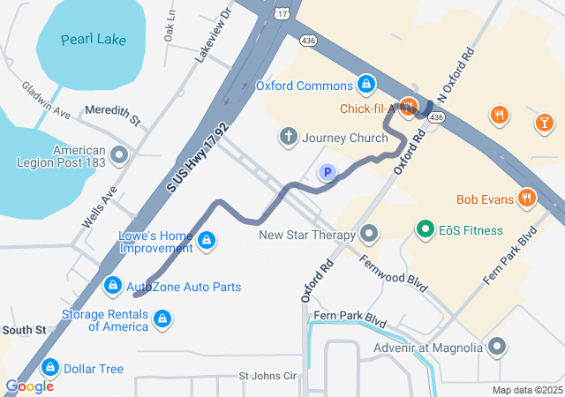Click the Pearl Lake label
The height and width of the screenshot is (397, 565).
point(94,40)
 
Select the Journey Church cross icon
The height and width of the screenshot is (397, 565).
point(287,137)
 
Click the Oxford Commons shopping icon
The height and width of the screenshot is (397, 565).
point(365,86)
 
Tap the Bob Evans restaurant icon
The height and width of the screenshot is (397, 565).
point(527,198)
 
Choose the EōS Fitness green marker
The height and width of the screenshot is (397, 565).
point(425,230)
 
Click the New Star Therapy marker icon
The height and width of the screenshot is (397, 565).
point(369,235)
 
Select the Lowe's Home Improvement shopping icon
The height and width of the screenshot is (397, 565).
point(206,241)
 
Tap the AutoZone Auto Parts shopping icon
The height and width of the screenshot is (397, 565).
point(112,287)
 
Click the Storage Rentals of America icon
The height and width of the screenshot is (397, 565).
point(162,318)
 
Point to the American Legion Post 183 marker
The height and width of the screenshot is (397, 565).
point(120,157)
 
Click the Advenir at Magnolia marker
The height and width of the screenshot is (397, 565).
point(497,347)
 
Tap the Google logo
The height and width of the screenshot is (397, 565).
point(29,386)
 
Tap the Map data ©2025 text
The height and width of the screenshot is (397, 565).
point(526,390)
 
